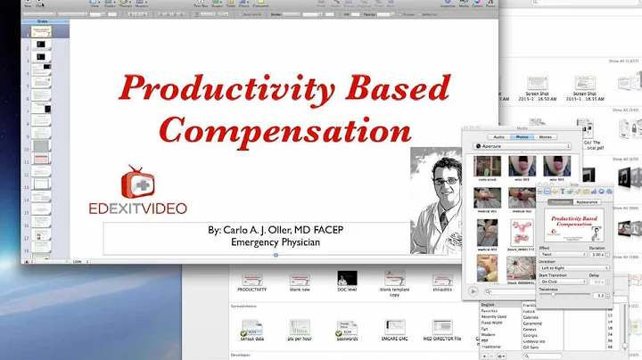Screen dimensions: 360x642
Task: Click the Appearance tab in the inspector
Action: point(587,202)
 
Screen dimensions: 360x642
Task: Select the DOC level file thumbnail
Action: point(347,279)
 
